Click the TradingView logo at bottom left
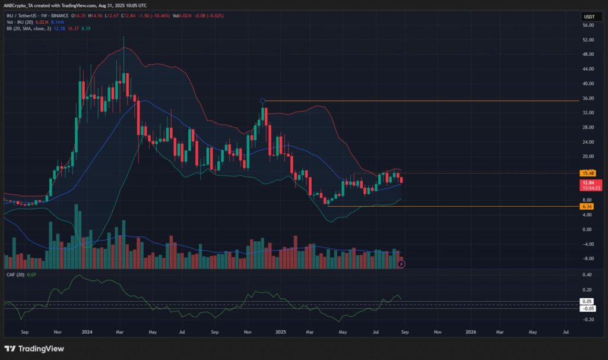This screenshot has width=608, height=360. click(34, 348)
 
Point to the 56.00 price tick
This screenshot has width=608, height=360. click(588, 26)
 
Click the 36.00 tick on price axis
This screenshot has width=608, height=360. click(588, 99)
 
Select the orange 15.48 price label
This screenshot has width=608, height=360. click(588, 173)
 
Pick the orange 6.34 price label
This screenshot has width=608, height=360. click(588, 206)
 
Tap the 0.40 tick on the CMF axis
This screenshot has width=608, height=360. click(588, 275)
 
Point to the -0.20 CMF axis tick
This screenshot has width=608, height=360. click(588, 319)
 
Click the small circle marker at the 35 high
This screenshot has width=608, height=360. click(263, 101)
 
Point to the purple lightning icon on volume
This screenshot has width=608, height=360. click(401, 263)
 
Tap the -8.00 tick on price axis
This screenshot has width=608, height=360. click(588, 258)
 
